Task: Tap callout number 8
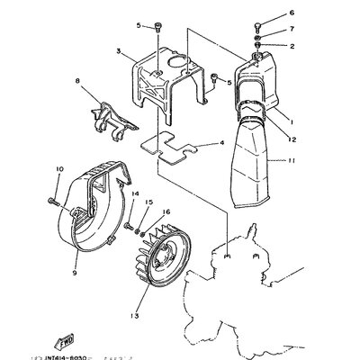(x=77, y=82)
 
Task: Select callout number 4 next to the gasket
(x=221, y=142)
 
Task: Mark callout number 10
(x=60, y=168)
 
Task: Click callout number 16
(x=166, y=212)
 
